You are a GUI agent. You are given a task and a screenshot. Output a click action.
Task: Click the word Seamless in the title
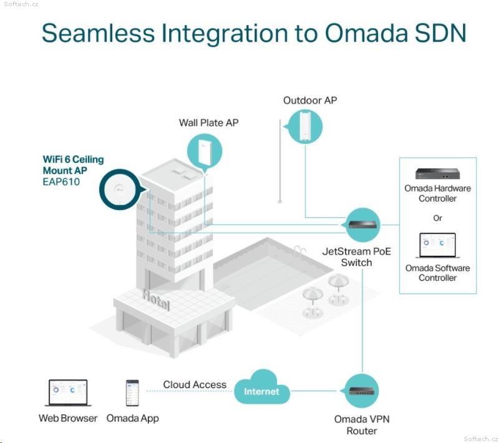point(98,33)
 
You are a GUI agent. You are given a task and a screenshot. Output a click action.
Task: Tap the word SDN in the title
point(440,33)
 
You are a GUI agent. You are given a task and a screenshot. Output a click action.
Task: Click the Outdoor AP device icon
point(305,127)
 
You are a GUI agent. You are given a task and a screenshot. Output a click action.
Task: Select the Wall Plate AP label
point(208,123)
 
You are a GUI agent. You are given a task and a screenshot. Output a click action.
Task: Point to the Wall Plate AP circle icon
point(205,152)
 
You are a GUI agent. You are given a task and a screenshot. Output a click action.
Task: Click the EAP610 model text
point(61,182)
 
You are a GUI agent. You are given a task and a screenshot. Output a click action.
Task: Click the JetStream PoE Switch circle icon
point(362,225)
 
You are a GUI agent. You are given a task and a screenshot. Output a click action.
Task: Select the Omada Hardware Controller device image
point(437,173)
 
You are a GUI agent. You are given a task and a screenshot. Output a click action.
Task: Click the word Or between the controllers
point(437,218)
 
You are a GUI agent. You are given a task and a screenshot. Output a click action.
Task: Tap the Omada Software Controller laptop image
point(437,245)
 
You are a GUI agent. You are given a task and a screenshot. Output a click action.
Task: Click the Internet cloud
point(262,387)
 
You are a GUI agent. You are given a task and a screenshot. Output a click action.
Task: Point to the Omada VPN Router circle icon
point(362,391)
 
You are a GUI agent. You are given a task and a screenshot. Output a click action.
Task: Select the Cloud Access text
point(195,384)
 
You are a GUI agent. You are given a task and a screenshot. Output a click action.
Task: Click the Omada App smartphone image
point(132,393)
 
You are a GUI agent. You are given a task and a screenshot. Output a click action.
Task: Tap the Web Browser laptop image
point(68,393)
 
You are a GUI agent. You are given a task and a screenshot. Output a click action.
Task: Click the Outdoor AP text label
point(310,100)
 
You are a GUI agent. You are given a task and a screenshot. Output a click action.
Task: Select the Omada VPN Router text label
point(362,425)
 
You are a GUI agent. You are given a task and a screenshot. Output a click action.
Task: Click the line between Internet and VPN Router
point(313,391)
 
